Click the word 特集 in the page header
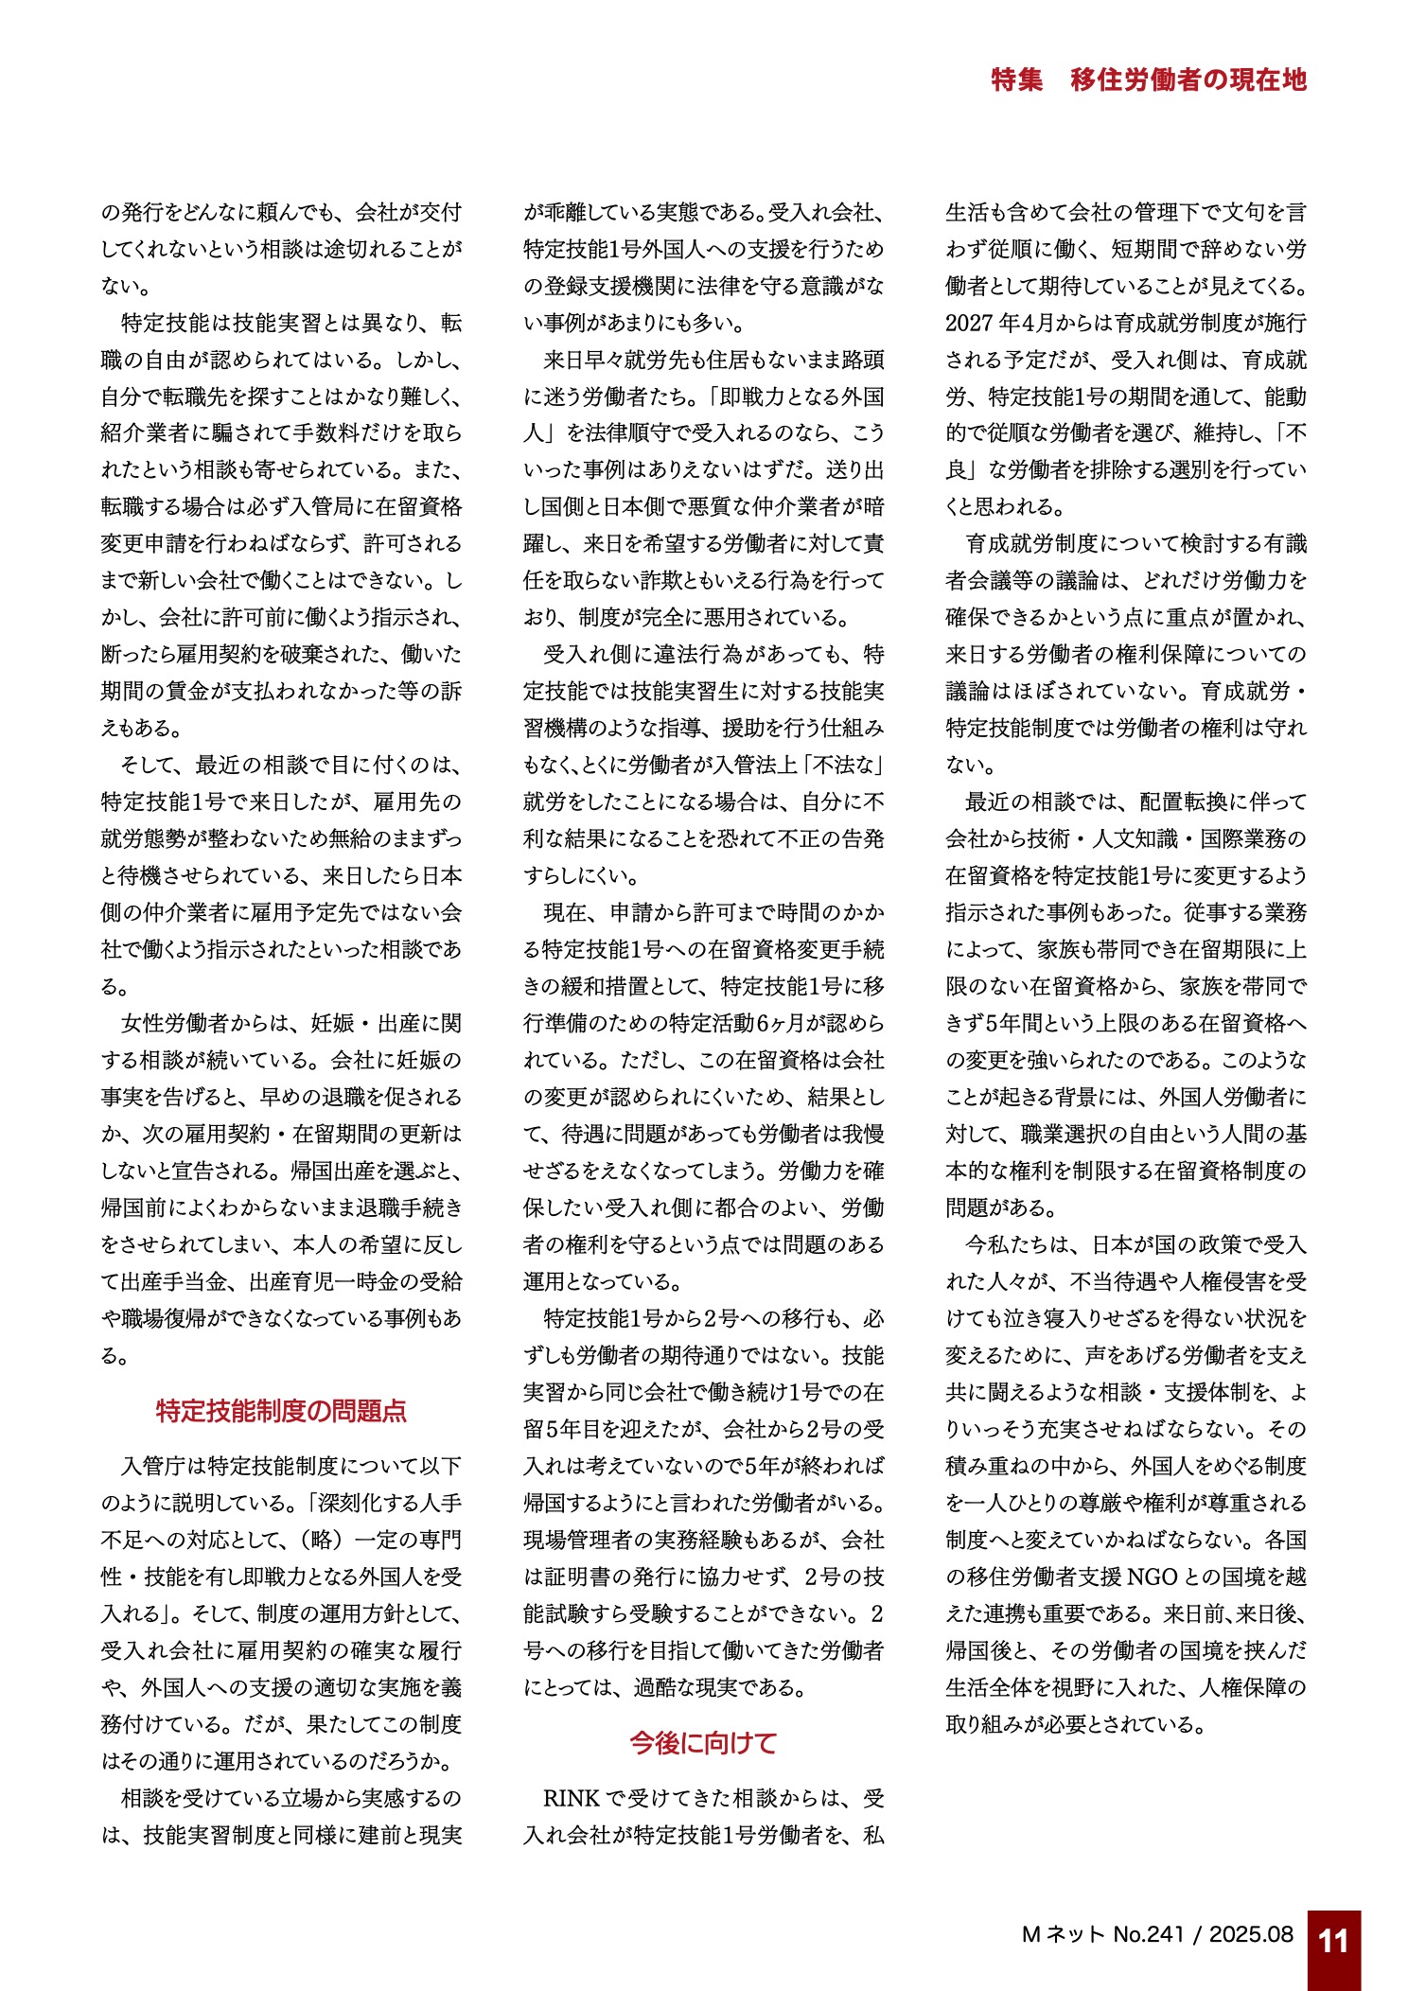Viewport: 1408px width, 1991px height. pos(1016,79)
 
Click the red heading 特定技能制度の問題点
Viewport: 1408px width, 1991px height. pos(281,1411)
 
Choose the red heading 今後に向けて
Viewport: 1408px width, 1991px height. pos(703,1743)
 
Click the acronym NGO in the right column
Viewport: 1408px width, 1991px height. pos(1151,1577)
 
